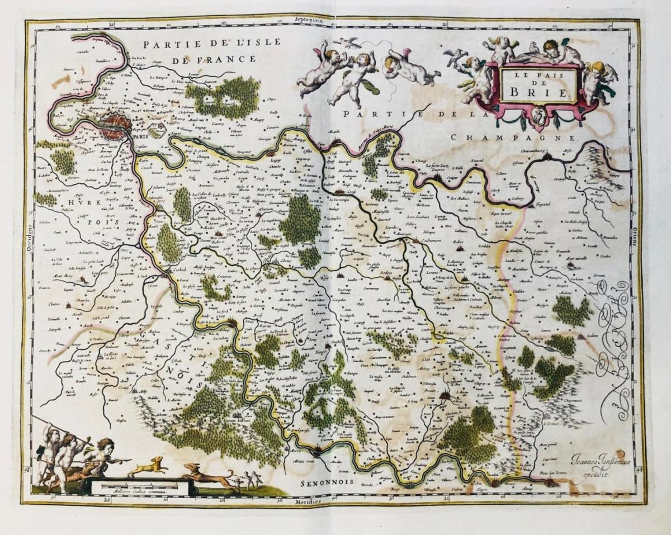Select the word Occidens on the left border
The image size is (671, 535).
coord(29,244)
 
